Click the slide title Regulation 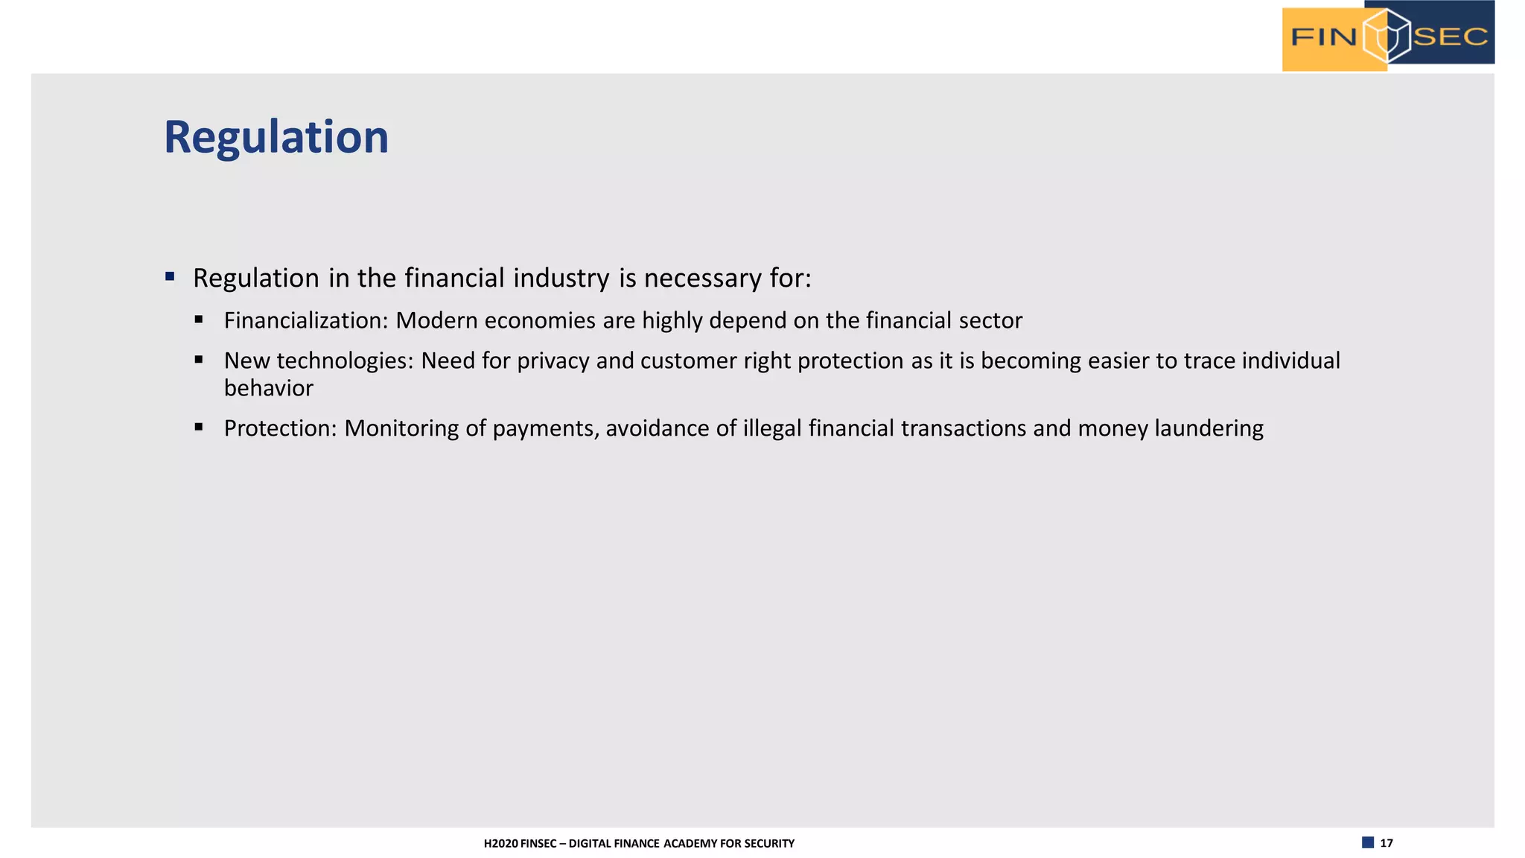point(276,138)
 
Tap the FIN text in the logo point(1323,36)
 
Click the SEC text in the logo point(1450,36)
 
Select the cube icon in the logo point(1386,36)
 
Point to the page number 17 point(1386,843)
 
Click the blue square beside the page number point(1368,842)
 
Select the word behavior point(269,388)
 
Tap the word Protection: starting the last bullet point(281,428)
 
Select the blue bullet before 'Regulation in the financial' point(170,277)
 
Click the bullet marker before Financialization point(199,320)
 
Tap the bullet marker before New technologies point(199,360)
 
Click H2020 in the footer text point(500,844)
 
